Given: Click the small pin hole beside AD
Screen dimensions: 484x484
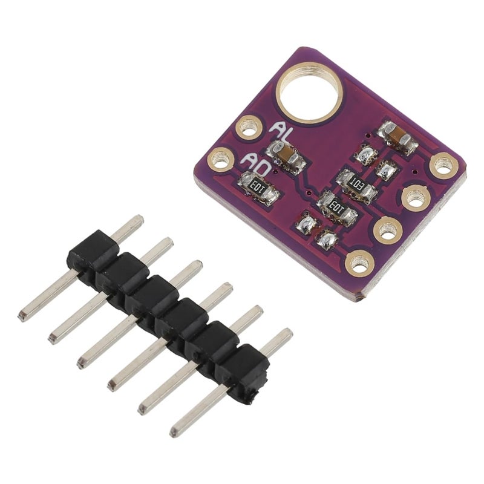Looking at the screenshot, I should (x=220, y=160).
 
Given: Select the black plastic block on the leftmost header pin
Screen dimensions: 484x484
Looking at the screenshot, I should (x=91, y=252).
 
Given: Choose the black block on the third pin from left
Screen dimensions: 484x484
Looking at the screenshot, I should (x=151, y=297).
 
